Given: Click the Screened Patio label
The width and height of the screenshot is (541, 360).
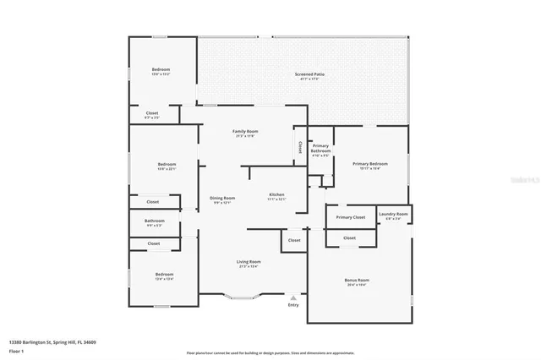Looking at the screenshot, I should (309, 74).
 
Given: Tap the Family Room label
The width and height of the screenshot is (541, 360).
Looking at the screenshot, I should (246, 131).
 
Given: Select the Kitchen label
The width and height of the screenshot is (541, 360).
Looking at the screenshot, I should (276, 194).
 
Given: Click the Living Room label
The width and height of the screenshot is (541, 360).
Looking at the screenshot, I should (248, 262).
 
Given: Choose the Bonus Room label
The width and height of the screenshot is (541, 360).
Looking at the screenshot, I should (356, 280).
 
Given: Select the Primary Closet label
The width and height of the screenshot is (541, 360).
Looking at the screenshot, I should (350, 217).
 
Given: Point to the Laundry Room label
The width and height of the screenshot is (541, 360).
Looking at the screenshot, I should (393, 215).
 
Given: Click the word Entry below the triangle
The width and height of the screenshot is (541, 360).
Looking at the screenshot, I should (293, 305).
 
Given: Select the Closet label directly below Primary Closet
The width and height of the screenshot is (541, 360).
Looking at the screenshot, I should (349, 237).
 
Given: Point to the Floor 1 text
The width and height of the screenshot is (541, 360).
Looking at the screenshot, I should (17, 350).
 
